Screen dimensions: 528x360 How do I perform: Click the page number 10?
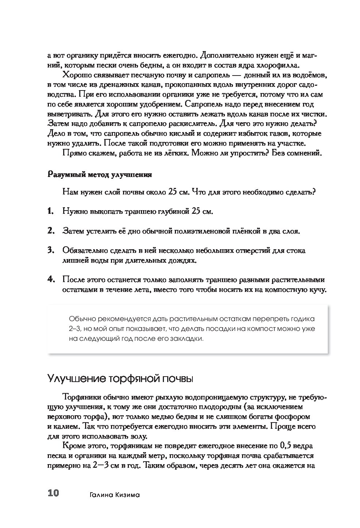pos(53,494)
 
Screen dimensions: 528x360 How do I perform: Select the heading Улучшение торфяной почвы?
pos(120,378)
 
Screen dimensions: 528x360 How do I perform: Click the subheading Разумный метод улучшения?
pos(100,174)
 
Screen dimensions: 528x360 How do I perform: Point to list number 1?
pos(50,211)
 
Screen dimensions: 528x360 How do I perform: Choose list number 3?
pos(50,250)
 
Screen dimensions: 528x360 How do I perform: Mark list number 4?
pos(50,280)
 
